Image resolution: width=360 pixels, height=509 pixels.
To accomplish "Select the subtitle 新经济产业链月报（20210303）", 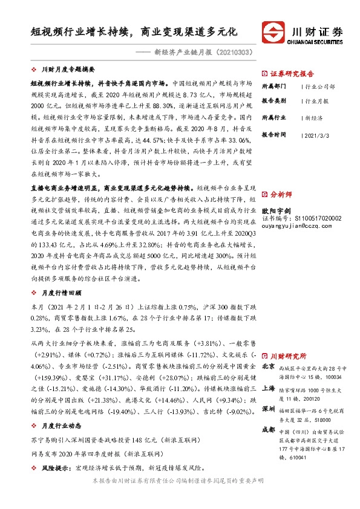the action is [x=203, y=53].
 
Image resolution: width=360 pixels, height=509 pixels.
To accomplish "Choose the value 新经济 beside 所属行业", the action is [x=313, y=119].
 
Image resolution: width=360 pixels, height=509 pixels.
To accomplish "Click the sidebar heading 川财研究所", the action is [x=288, y=356].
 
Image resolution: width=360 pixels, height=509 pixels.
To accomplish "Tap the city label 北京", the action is [x=268, y=367].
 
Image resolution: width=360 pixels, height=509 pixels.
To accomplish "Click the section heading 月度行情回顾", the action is [x=64, y=292].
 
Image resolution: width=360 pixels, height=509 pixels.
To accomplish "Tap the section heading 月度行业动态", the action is [x=64, y=425].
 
